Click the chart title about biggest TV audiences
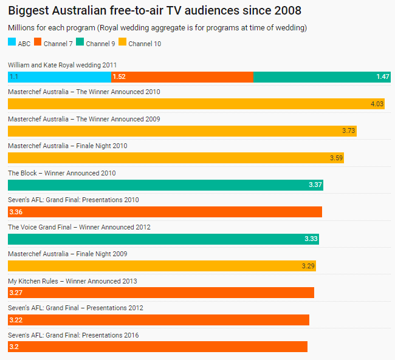[154, 11]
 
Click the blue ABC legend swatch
[12, 42]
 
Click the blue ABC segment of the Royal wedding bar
[60, 76]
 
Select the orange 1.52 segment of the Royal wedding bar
[182, 76]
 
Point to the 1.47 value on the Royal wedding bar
[382, 76]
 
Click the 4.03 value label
[377, 104]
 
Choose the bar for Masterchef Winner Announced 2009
[182, 131]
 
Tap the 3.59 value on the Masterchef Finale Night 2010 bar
[336, 158]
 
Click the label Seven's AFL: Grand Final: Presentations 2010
[74, 200]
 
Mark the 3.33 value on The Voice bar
[311, 239]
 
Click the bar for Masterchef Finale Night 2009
[162, 265]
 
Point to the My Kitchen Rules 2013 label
[72, 281]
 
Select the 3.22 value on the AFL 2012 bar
[16, 319]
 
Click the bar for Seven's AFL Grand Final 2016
[157, 346]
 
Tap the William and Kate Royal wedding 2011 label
[62, 64]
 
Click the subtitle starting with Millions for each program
[157, 28]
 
